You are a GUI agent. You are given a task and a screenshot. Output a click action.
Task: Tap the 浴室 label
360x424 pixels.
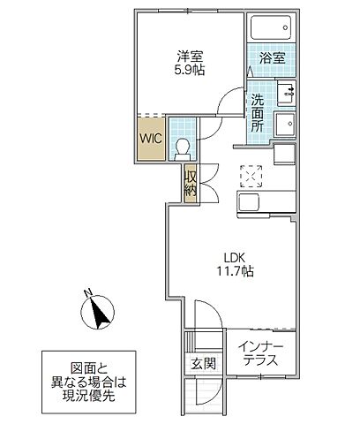click(271, 59)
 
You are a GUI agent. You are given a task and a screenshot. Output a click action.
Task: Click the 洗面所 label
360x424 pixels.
click(257, 112)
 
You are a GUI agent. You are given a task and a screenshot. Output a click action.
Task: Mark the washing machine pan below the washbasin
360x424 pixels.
click(286, 124)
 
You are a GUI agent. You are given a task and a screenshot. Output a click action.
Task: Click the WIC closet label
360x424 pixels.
click(149, 137)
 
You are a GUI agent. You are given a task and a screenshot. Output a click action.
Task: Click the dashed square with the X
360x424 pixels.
click(251, 177)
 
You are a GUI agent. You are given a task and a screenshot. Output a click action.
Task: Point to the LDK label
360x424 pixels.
click(231, 258)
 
